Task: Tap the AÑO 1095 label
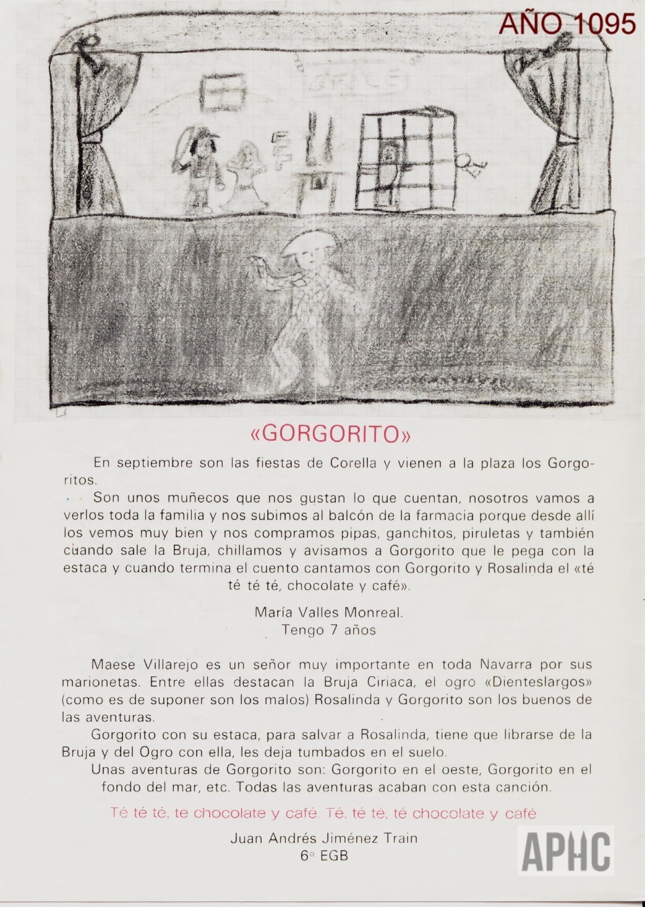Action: pyautogui.click(x=568, y=23)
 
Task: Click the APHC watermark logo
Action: pyautogui.click(x=566, y=852)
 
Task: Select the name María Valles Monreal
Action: pyautogui.click(x=328, y=613)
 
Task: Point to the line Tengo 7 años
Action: pyautogui.click(x=328, y=630)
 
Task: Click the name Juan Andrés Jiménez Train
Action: pyautogui.click(x=323, y=838)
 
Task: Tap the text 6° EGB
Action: pyautogui.click(x=323, y=856)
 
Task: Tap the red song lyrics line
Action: pyautogui.click(x=323, y=813)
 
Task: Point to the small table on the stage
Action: pyautogui.click(x=317, y=182)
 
